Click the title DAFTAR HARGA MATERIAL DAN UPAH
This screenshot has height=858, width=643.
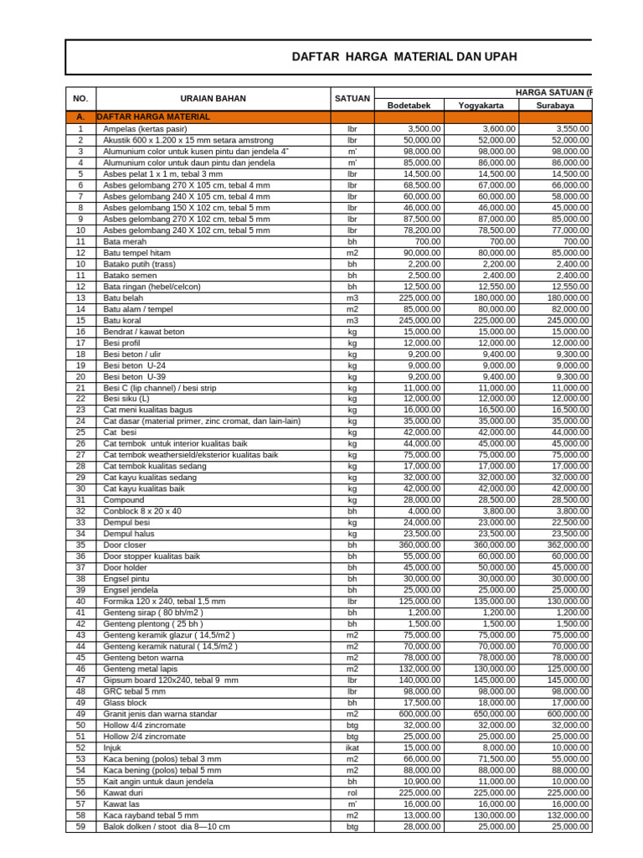coord(404,57)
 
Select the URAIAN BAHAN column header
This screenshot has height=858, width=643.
coord(213,98)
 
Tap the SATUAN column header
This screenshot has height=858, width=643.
coord(352,98)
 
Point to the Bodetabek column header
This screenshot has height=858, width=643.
coord(409,106)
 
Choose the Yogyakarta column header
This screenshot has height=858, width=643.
coord(481,106)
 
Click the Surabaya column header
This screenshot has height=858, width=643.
coord(555,106)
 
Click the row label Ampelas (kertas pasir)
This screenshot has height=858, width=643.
coord(145,129)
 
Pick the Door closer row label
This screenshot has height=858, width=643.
coord(124,545)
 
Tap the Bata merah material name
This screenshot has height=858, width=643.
coord(124,241)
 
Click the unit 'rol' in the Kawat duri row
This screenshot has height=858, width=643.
coord(352,792)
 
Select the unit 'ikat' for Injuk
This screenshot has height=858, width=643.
coord(352,747)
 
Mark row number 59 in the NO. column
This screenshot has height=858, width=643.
coord(80,826)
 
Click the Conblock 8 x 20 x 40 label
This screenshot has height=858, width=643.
coord(141,511)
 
